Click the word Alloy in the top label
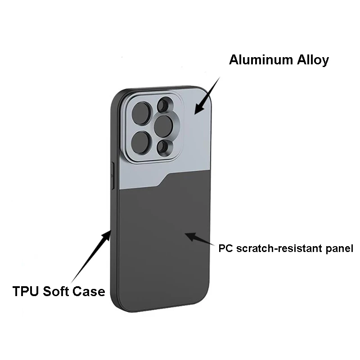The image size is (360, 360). [312, 60]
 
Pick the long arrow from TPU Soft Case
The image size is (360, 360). [90, 256]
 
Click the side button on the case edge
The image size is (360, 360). [112, 175]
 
